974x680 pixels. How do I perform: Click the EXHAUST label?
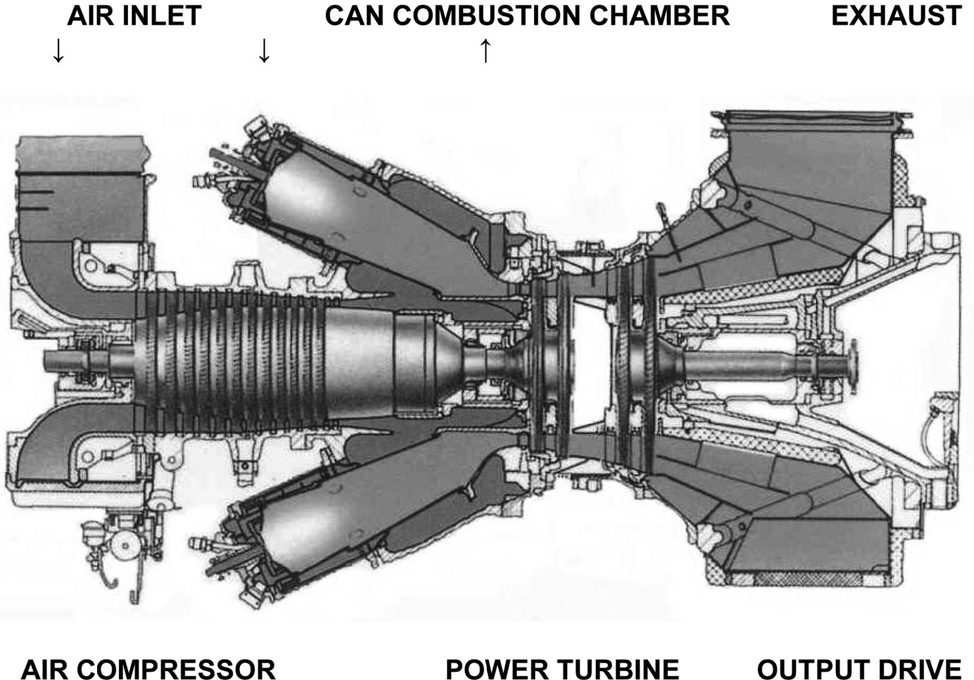[x=896, y=16]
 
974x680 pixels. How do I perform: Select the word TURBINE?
[x=617, y=670]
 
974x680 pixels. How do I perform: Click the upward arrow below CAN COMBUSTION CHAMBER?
[x=486, y=51]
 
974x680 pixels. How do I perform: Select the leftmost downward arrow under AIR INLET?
[x=58, y=51]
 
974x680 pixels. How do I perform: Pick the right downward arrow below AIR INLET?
[x=264, y=51]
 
